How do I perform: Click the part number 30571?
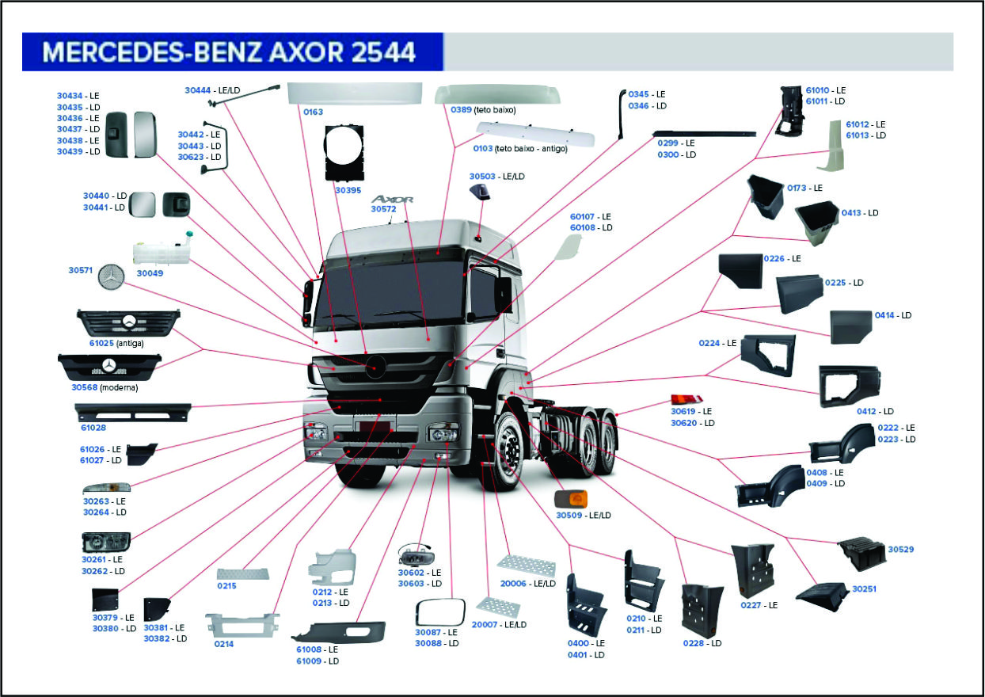(x=81, y=270)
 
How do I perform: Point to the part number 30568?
(x=83, y=387)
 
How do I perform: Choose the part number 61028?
(x=93, y=428)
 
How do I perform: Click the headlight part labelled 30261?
(x=105, y=543)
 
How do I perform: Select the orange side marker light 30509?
(x=570, y=500)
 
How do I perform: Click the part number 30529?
(x=900, y=549)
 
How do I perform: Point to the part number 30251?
(x=864, y=589)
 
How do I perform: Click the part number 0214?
(x=223, y=644)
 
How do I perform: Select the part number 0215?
(x=226, y=586)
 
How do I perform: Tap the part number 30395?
(x=348, y=190)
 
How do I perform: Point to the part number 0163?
(x=313, y=112)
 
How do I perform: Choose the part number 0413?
(x=853, y=213)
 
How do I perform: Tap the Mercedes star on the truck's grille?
(x=375, y=365)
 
